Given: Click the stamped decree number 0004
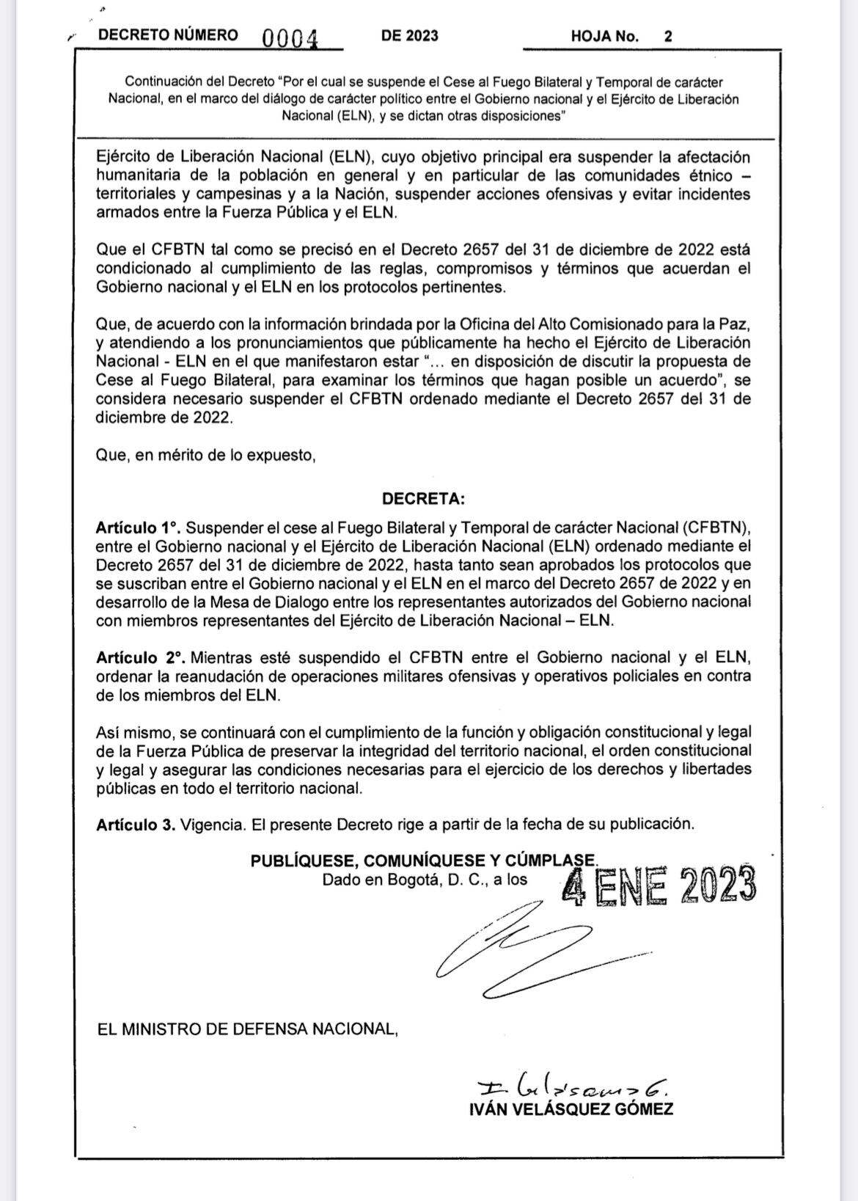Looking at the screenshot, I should point(290,37).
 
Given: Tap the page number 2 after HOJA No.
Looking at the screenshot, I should point(668,36).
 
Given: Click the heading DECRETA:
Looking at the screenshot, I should point(423,499).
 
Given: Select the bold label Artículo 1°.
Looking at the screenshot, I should point(138,528).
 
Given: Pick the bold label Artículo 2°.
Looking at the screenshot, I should point(139,657).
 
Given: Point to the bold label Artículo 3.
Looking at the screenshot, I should point(136,824).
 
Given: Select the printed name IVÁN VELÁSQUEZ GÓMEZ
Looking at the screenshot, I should point(571,1109).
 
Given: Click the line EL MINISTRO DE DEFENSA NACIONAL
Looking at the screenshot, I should point(247,1029).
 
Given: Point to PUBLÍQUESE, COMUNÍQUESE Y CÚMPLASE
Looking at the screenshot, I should point(424,861).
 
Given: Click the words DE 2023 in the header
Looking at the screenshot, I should point(409,36).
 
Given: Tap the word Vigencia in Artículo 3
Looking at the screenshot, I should point(213,824).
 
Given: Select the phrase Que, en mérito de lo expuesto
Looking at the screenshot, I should point(205,455).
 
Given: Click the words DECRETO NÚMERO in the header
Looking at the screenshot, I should point(168,35).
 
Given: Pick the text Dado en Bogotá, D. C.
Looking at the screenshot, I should point(404,879).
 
